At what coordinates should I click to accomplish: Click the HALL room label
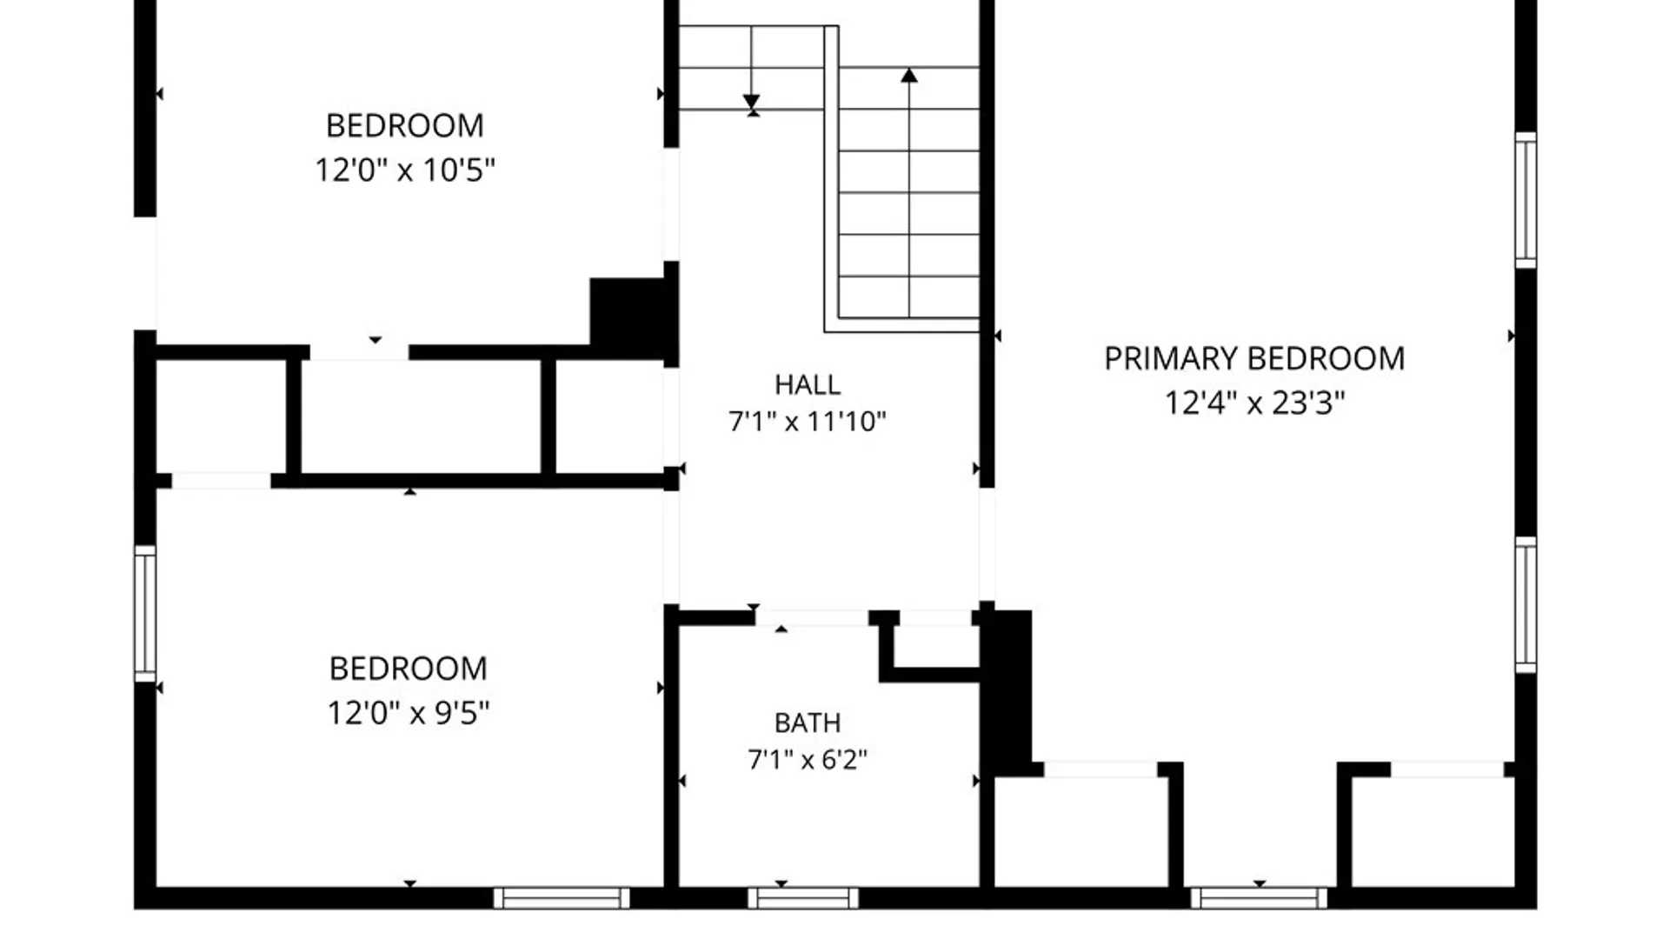pyautogui.click(x=808, y=384)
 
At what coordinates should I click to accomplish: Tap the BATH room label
pyautogui.click(x=808, y=723)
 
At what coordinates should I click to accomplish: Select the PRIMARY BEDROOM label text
pyautogui.click(x=1254, y=358)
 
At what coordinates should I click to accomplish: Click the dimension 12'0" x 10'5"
pyautogui.click(x=405, y=170)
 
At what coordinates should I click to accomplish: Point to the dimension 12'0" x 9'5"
pyautogui.click(x=409, y=713)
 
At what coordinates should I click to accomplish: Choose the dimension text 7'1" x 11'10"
pyautogui.click(x=808, y=422)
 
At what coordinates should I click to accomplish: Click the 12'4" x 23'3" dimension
pyautogui.click(x=1254, y=403)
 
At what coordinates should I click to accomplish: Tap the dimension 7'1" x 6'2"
pyautogui.click(x=808, y=760)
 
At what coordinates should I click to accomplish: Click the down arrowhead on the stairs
pyautogui.click(x=752, y=102)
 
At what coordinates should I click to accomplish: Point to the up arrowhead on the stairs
pyautogui.click(x=909, y=76)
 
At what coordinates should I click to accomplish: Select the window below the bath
pyautogui.click(x=803, y=898)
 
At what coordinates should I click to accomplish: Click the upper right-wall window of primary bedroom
pyautogui.click(x=1526, y=200)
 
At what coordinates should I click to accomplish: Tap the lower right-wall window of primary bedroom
pyautogui.click(x=1526, y=604)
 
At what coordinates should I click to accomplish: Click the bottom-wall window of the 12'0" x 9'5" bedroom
pyautogui.click(x=562, y=898)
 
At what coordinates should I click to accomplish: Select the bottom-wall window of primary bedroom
pyautogui.click(x=1259, y=898)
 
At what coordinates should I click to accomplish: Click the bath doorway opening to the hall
pyautogui.click(x=811, y=618)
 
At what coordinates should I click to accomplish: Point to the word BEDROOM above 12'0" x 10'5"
pyautogui.click(x=405, y=126)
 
